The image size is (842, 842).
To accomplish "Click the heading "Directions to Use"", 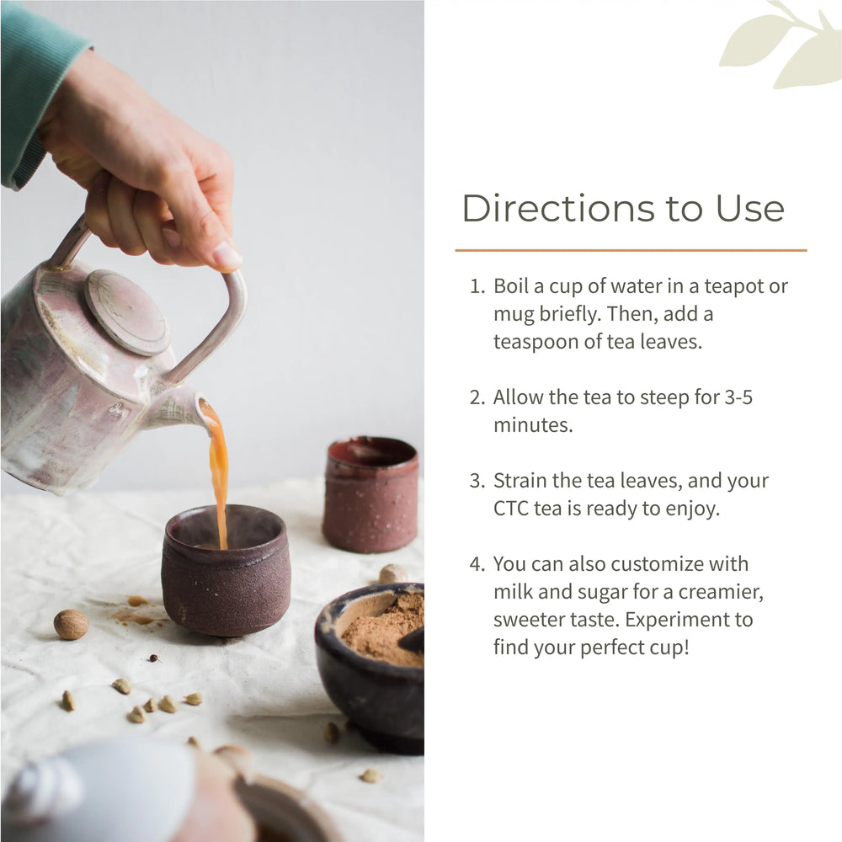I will pos(622,208).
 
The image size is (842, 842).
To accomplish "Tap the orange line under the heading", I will pos(631,250).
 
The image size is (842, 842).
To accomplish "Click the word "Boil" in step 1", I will pos(510,286).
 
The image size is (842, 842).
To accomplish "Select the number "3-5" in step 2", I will pos(738,397).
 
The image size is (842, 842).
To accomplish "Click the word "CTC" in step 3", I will pos(511,509).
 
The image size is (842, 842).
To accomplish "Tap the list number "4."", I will pos(478,564).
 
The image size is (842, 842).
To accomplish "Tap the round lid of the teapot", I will pos(126,312).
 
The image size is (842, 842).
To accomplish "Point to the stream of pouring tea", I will pos(218,472).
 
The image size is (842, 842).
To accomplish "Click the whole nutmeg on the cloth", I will pos(72,624).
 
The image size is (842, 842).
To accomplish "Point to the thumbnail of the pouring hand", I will pos(226,255).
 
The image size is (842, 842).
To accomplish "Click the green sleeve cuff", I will pos(25,160).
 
